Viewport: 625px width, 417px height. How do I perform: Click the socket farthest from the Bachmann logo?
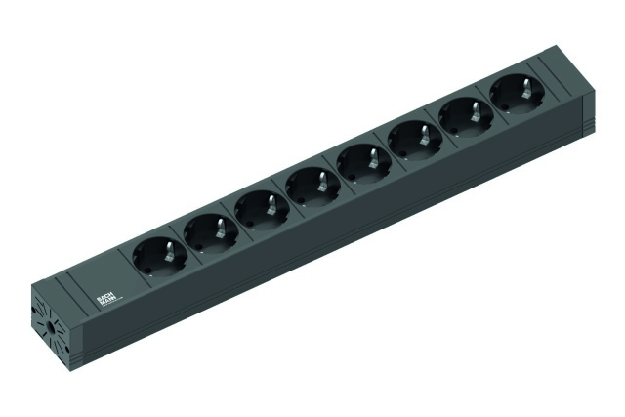pyautogui.click(x=513, y=95)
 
